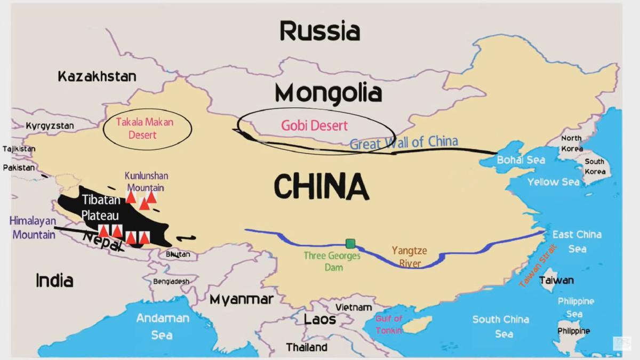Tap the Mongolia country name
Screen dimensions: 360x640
click(x=329, y=93)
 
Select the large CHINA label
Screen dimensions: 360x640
click(x=321, y=187)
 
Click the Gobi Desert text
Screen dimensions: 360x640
click(x=315, y=126)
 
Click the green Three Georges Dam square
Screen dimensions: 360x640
click(x=350, y=244)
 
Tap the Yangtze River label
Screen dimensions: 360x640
click(x=410, y=257)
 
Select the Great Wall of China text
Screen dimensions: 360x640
click(x=404, y=142)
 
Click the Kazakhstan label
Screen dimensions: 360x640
click(x=97, y=76)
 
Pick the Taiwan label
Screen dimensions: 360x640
click(x=556, y=280)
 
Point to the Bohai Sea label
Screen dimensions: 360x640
click(x=521, y=160)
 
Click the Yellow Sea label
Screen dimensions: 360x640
click(x=553, y=182)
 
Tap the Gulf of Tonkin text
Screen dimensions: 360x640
click(x=389, y=324)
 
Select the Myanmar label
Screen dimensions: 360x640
click(x=241, y=299)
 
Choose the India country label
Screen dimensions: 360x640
click(x=54, y=280)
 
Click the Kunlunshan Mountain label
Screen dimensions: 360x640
click(x=146, y=181)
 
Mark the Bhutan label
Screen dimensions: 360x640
click(x=178, y=254)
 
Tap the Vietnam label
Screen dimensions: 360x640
click(x=353, y=307)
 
